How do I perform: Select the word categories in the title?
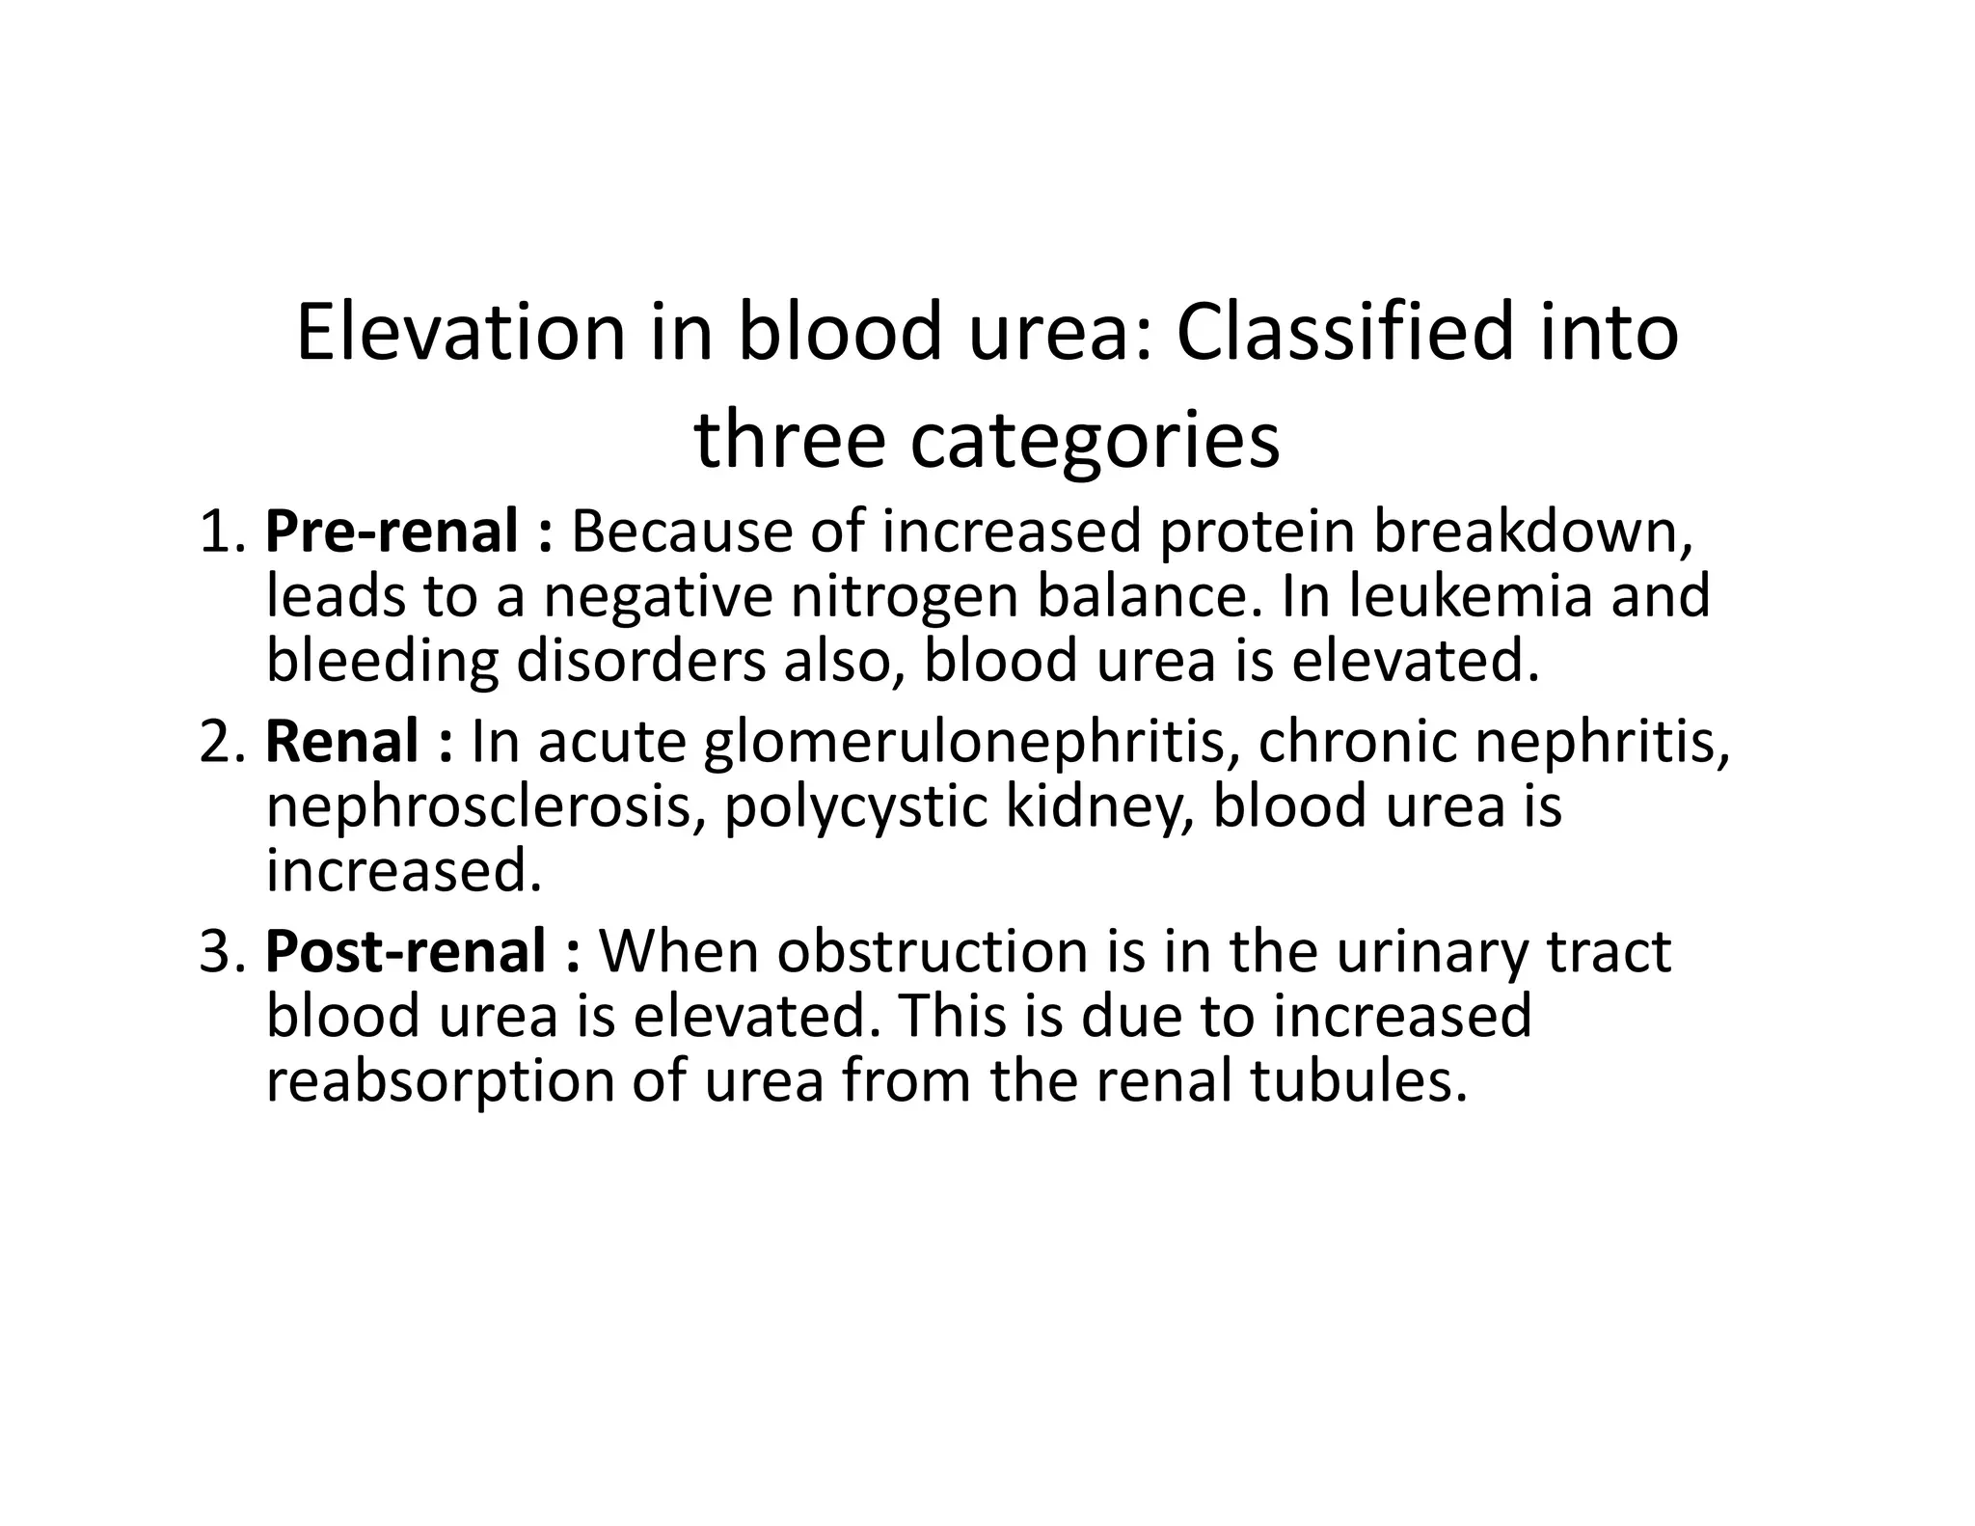pyautogui.click(x=1095, y=441)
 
